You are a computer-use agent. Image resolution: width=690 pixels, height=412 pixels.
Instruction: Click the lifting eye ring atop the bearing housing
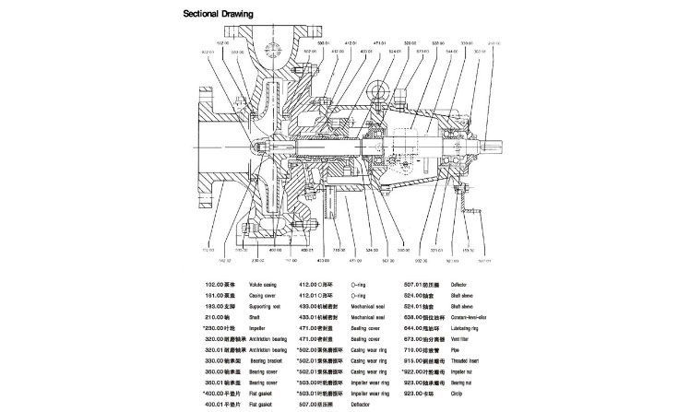coord(377,91)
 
